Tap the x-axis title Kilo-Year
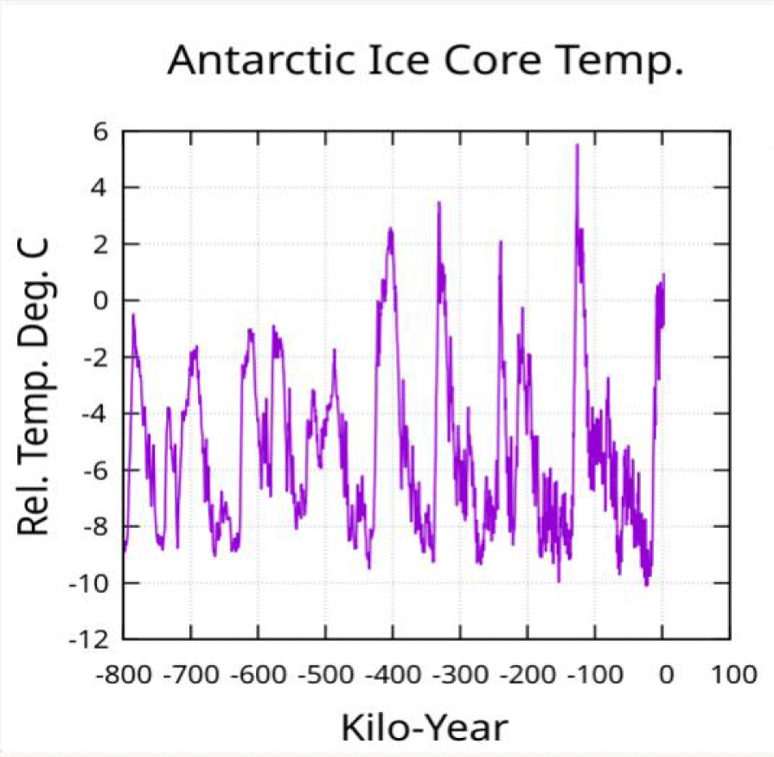coord(424,726)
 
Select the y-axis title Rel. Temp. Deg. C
coord(35,386)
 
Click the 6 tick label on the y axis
coord(99,132)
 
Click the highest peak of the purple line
coord(577,145)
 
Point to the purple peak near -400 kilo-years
coord(391,229)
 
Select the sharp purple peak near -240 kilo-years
coord(501,242)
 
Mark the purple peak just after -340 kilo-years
coord(438,203)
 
